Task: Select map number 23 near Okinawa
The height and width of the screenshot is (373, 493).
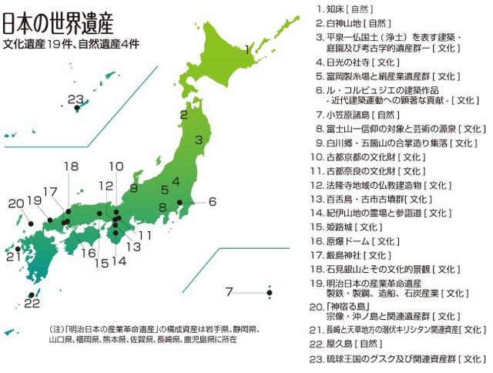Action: coord(75,98)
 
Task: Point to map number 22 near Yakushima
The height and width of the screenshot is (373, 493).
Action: coord(32,304)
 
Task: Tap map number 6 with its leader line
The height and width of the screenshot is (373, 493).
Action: coord(212,202)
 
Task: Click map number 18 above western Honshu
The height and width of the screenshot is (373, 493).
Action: coord(71,166)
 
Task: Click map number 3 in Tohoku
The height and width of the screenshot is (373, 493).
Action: coord(198,140)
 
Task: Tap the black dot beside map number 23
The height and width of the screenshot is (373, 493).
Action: coord(76,109)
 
